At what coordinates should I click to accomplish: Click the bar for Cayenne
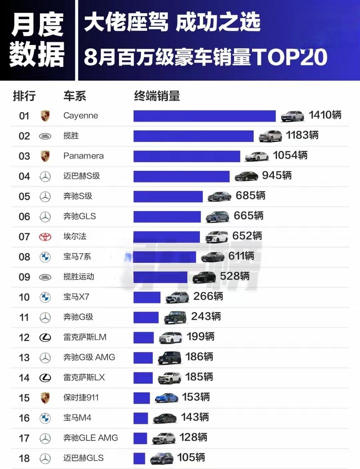coord(204,116)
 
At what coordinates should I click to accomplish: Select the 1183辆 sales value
coord(302,135)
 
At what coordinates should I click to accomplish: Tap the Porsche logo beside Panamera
coord(45,156)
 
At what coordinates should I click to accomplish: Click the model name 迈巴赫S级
coord(81,176)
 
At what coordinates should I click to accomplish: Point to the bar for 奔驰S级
coord(168,196)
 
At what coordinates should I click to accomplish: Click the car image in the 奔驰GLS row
coord(218,217)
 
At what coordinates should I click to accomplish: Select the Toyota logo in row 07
coord(45,237)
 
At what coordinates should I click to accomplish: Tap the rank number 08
coord(24,257)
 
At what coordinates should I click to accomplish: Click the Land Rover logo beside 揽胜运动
coord(45,277)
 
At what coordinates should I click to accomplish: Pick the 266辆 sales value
coord(208,296)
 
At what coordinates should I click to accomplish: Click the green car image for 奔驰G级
coord(175,317)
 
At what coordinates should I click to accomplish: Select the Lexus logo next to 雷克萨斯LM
coord(45,337)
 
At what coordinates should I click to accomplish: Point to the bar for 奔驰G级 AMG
coord(143,357)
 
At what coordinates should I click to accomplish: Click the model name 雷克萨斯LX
coord(84,377)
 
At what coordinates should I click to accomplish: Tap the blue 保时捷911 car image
coord(167,398)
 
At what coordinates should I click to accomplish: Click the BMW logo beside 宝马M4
coord(45,418)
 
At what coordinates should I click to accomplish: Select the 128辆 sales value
coord(193,437)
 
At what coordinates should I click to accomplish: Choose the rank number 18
coord(24,458)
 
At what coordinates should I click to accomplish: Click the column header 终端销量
coord(157,96)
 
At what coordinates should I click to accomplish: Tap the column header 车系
coord(75,96)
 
